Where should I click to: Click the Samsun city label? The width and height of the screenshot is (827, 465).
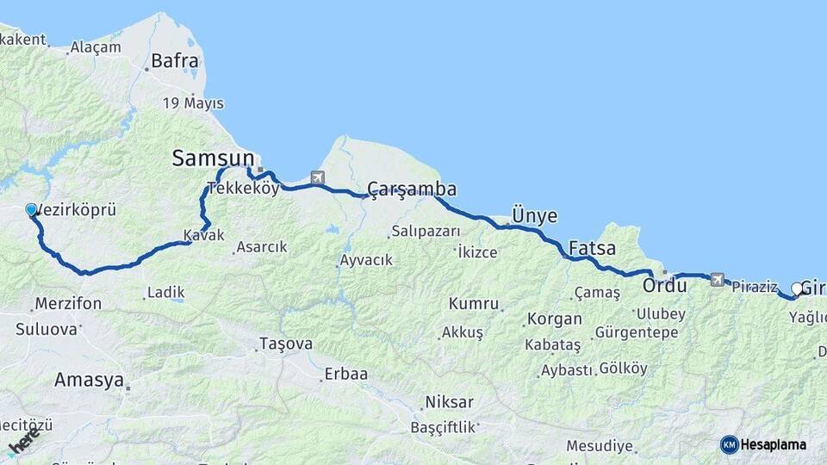point(214,158)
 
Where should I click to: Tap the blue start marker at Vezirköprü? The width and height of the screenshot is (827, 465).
point(32,210)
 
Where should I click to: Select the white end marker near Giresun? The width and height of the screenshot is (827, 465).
point(797,288)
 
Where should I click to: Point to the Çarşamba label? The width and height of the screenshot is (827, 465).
point(412,189)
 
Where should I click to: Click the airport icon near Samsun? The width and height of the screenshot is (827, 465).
point(318,178)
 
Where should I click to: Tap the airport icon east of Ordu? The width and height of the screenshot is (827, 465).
point(717,279)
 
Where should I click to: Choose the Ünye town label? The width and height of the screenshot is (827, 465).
point(534,215)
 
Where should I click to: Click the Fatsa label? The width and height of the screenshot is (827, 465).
point(593,249)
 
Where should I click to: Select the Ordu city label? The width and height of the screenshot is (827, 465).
point(664,285)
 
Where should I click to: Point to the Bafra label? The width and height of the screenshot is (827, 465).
point(175,61)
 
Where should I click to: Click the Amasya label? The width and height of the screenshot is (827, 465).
point(89,380)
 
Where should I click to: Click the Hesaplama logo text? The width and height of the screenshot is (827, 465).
point(773,444)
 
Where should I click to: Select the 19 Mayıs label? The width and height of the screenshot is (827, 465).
point(194,103)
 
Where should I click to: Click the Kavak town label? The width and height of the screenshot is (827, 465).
point(203,235)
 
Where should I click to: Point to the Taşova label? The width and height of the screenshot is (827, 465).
point(286,344)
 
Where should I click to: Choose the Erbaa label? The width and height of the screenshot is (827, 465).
point(345,375)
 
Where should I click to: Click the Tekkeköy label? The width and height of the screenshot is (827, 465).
point(243,189)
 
